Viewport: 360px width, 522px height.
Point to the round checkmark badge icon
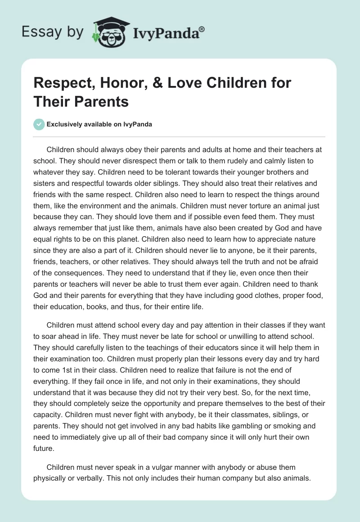39,124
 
